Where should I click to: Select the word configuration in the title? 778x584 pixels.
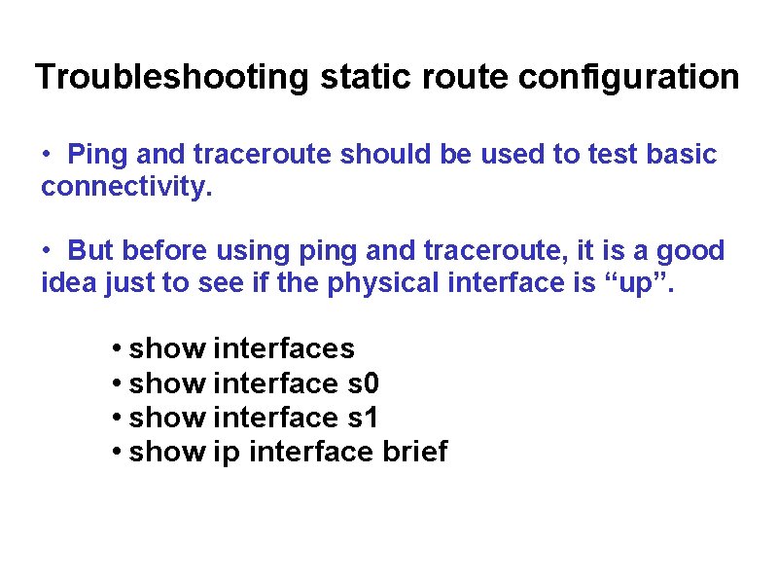(629, 76)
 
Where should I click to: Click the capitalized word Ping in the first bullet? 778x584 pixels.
(100, 154)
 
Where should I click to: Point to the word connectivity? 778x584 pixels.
(125, 187)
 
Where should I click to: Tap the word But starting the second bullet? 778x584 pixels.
(89, 250)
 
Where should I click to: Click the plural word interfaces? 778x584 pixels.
(283, 347)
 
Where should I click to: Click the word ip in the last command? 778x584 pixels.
(225, 452)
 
